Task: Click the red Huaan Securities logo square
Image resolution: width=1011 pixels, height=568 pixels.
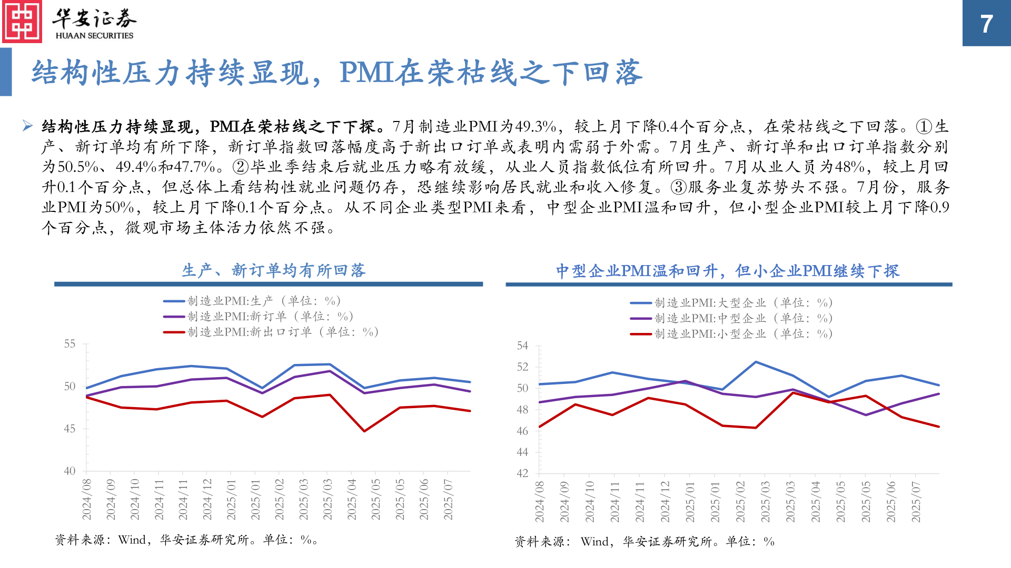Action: click(x=22, y=22)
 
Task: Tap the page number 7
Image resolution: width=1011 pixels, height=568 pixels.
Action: click(x=986, y=24)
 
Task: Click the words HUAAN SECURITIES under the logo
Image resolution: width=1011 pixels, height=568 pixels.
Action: click(x=94, y=36)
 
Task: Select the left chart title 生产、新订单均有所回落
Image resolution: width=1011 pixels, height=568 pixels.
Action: click(x=273, y=270)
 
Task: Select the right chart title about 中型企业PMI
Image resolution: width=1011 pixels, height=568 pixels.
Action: click(x=728, y=271)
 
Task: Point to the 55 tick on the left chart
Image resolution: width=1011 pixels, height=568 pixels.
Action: click(x=70, y=344)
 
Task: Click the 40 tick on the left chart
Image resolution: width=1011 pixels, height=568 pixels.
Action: click(x=70, y=471)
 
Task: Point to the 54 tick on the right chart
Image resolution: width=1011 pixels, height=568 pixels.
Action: click(x=522, y=346)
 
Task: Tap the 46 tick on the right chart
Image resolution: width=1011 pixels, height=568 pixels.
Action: click(x=522, y=431)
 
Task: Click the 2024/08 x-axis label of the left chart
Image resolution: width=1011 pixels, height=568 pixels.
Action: click(x=87, y=499)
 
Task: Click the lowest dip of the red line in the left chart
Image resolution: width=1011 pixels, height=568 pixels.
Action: click(x=364, y=431)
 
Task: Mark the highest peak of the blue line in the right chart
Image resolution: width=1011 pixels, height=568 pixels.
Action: click(x=756, y=362)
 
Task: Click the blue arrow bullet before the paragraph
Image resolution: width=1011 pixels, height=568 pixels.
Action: click(x=27, y=126)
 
